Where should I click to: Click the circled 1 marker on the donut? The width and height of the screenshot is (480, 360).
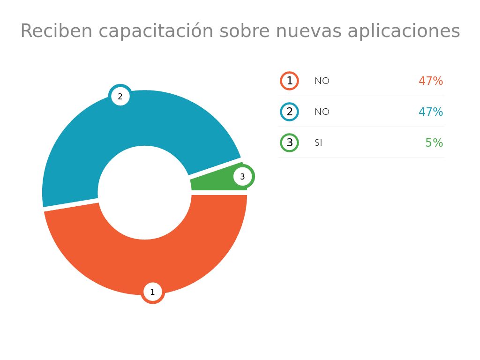tap(152, 292)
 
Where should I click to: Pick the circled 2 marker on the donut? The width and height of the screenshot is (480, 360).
tap(120, 97)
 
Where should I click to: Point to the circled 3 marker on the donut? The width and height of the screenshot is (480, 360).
tap(242, 177)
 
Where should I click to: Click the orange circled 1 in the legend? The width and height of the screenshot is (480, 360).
tap(289, 81)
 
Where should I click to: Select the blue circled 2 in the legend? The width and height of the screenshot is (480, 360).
tap(289, 112)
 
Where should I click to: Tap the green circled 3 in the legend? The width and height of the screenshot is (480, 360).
tap(289, 142)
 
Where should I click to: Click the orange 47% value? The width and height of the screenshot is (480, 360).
tap(430, 81)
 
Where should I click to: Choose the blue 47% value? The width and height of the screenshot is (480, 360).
tap(430, 112)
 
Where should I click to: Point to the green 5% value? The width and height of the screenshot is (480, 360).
tap(434, 143)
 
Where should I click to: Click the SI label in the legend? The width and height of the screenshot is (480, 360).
tap(318, 143)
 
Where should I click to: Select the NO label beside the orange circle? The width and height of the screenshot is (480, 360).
tap(322, 81)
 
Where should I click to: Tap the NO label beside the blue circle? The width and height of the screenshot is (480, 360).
tap(322, 112)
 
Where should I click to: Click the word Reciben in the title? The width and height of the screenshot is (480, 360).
tap(57, 31)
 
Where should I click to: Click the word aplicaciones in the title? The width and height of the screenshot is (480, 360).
tap(404, 31)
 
